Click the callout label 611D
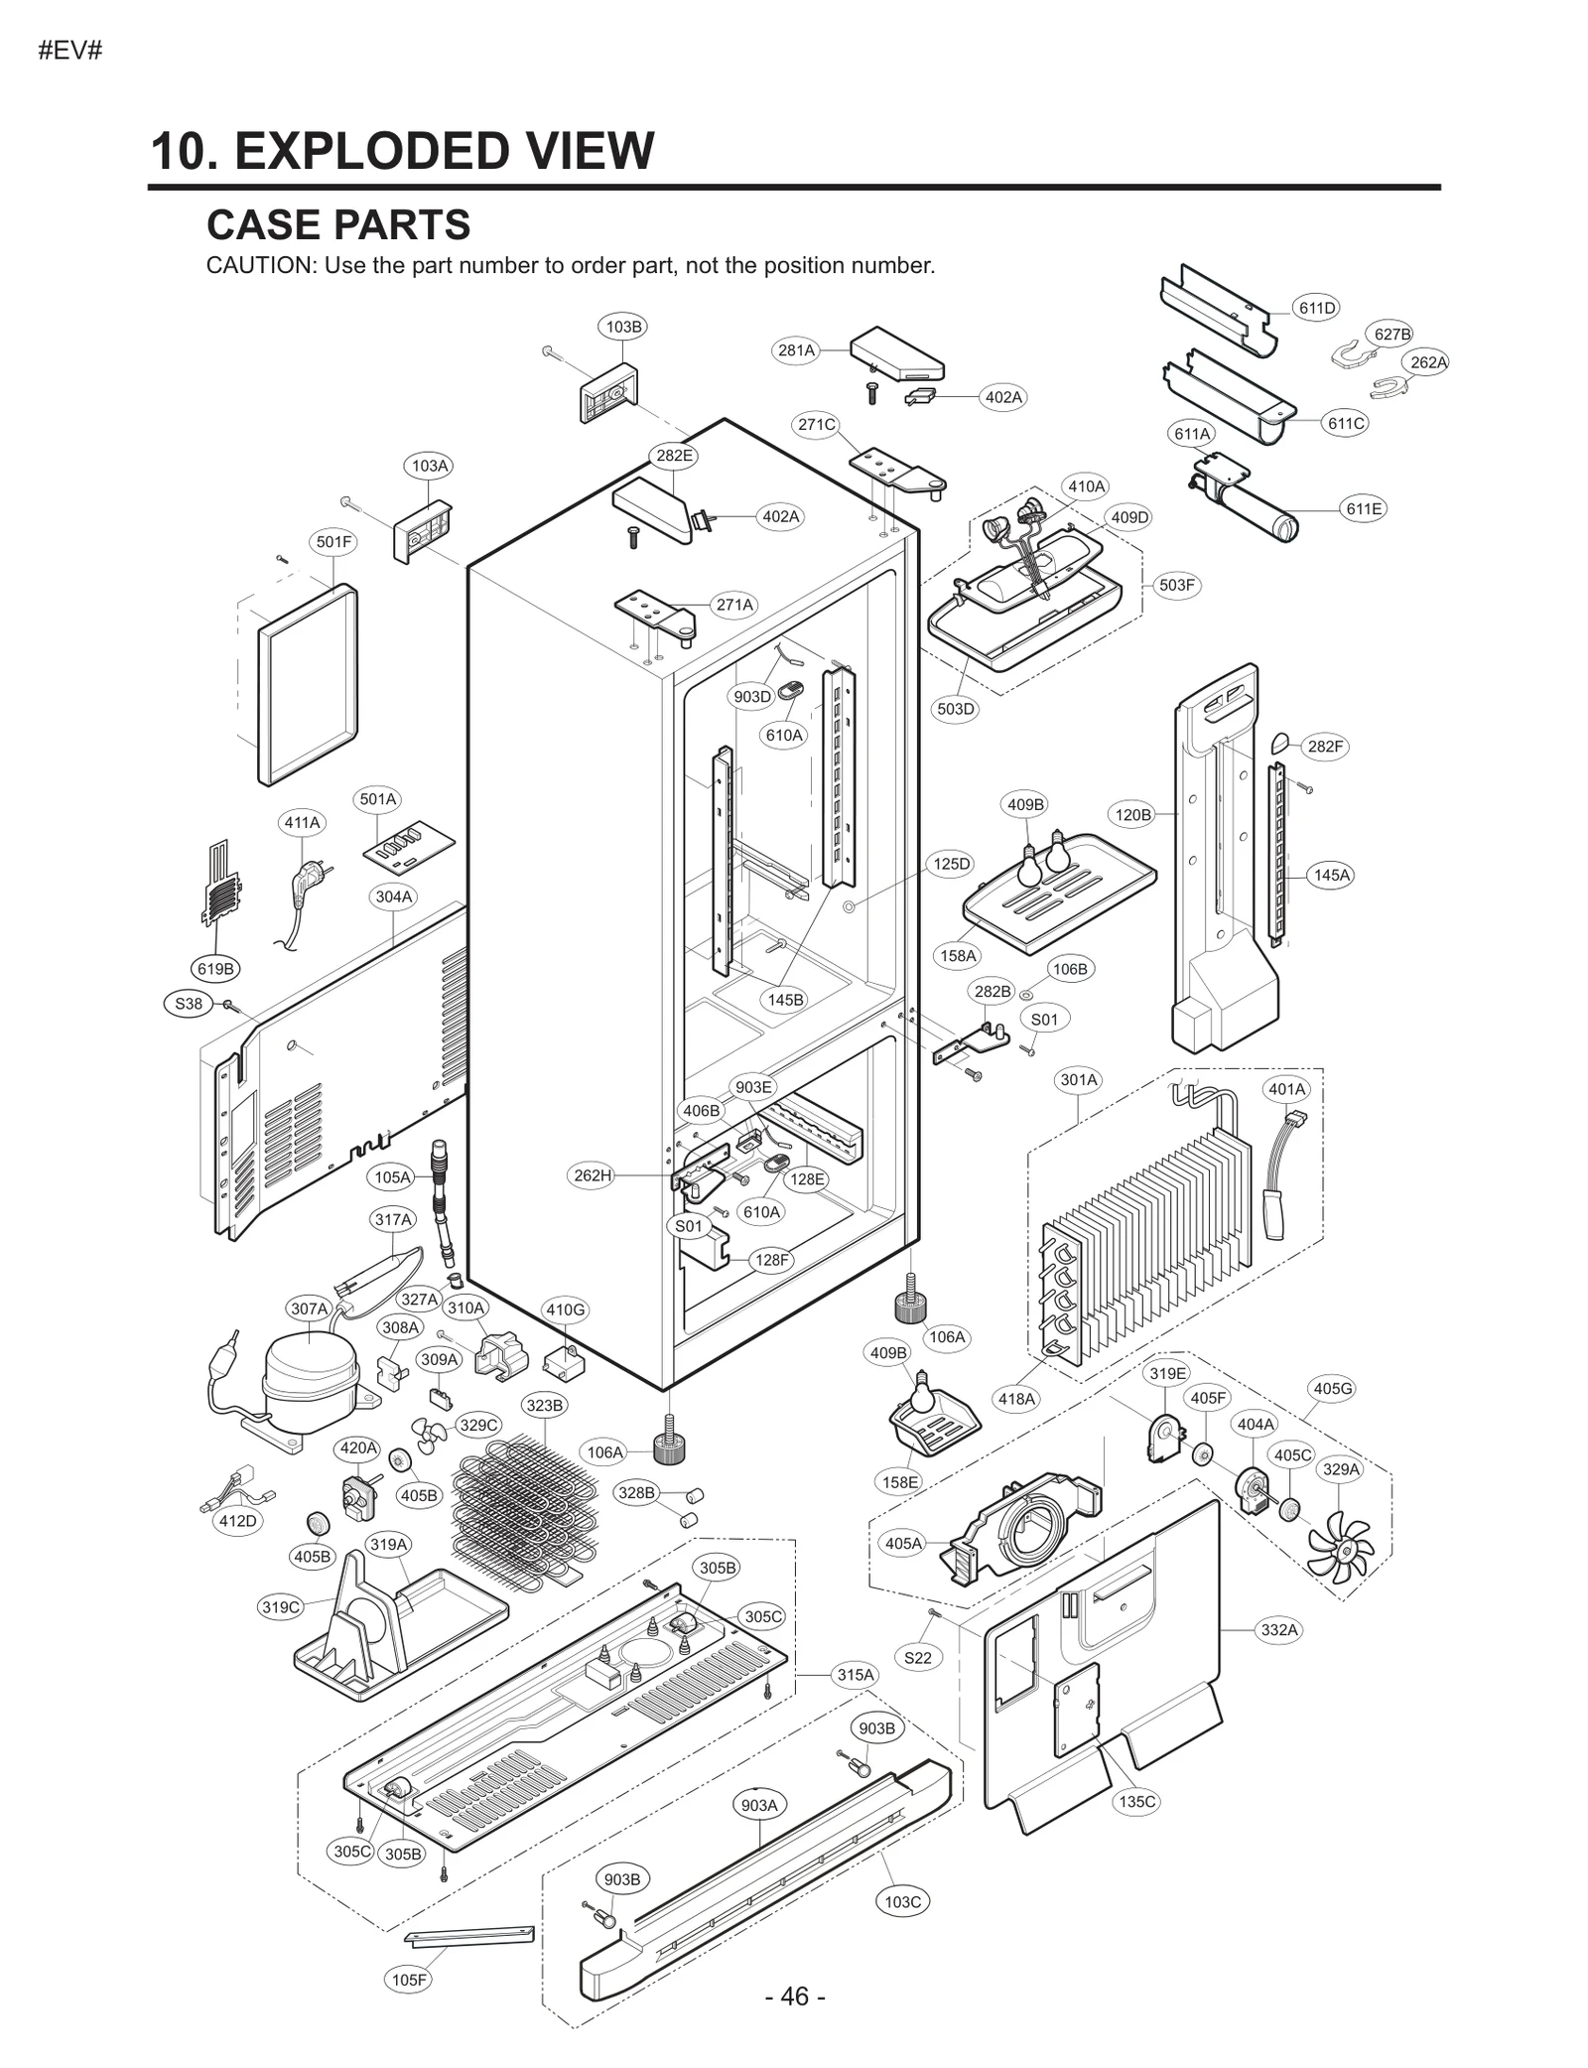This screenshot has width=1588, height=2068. click(1316, 308)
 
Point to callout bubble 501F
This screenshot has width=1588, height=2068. click(333, 542)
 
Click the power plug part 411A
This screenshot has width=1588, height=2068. click(301, 883)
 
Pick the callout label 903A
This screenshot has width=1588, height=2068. click(759, 1805)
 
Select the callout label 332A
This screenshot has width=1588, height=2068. click(1279, 1629)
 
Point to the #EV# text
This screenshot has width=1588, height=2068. click(69, 51)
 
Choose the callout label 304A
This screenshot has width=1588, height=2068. click(393, 896)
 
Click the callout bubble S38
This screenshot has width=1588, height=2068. click(188, 1003)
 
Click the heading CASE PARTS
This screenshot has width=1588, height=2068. click(338, 225)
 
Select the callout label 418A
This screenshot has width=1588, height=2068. click(1016, 1399)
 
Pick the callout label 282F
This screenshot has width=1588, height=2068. click(1324, 747)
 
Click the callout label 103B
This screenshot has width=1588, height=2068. click(623, 326)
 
